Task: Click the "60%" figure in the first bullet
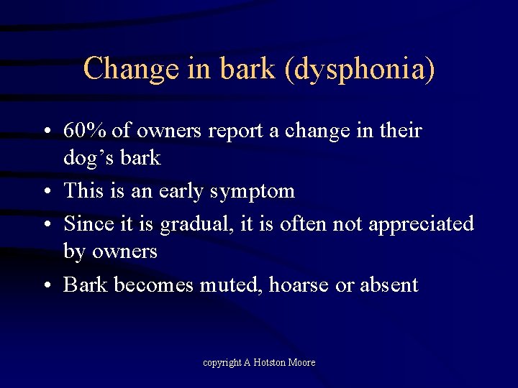coord(86,131)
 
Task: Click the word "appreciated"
coord(422,224)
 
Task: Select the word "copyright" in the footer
coord(222,363)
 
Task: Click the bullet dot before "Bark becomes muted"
coord(45,286)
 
